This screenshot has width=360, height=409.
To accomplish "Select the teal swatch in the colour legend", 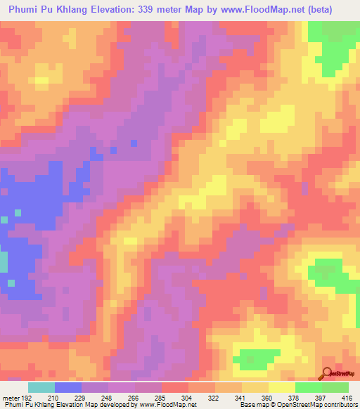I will tap(41, 387).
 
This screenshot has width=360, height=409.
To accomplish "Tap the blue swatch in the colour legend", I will tap(68, 387).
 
